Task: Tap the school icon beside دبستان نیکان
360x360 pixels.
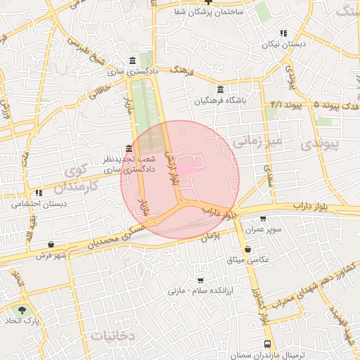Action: (x=283, y=33)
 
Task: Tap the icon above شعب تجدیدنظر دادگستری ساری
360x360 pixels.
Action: (x=128, y=148)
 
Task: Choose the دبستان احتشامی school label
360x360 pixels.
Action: (x=39, y=204)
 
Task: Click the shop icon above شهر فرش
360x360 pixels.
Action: (x=51, y=244)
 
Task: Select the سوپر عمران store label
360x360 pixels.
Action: (x=263, y=230)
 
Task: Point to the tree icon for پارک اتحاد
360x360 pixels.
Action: (x=23, y=310)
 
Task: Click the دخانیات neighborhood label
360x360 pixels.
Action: (x=112, y=336)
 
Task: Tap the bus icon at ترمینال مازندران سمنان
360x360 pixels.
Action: (x=267, y=344)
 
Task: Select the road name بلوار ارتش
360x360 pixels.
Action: (x=172, y=165)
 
